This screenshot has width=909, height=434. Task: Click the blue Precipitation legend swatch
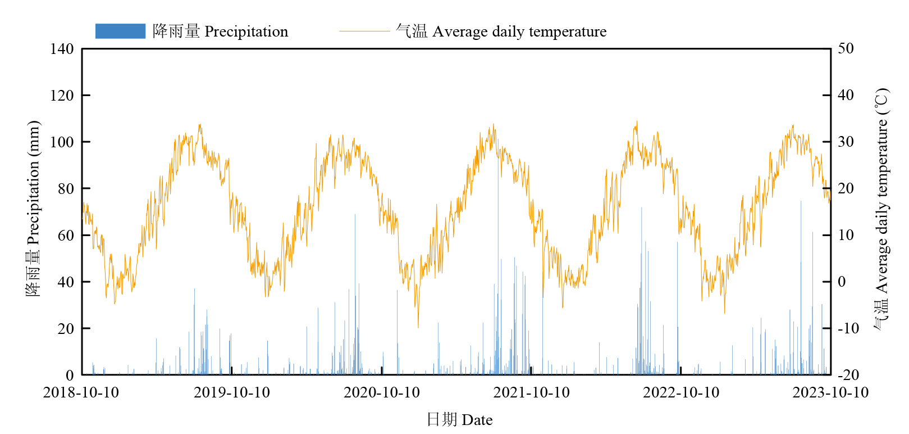(120, 31)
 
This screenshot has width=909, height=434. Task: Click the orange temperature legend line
(364, 31)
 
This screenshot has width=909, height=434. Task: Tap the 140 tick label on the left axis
(62, 49)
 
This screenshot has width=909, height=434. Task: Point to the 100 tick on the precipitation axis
(62, 142)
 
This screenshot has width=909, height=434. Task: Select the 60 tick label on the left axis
(66, 236)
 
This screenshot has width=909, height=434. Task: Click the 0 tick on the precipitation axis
(70, 375)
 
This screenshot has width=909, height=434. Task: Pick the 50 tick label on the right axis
(846, 48)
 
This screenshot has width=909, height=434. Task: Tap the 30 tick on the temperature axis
(846, 142)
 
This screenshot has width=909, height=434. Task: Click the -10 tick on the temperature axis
(848, 328)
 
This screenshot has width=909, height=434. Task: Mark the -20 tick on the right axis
(848, 375)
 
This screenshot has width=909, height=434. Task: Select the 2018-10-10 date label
(81, 392)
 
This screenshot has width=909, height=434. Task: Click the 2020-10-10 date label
(382, 392)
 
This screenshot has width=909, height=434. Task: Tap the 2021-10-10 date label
(531, 392)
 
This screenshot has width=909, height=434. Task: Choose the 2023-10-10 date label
(830, 392)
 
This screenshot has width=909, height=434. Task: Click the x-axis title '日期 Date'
(459, 420)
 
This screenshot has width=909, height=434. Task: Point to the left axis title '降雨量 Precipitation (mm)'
(33, 208)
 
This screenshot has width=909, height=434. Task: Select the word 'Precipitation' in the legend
(246, 31)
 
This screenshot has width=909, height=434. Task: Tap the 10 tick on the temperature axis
(846, 235)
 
